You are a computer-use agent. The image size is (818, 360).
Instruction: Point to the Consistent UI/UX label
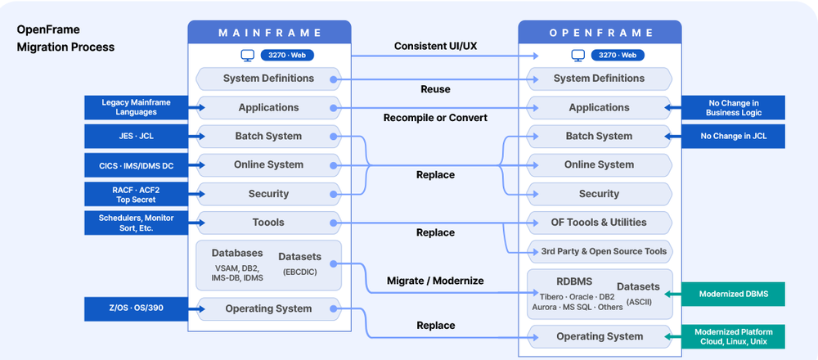pyautogui.click(x=436, y=46)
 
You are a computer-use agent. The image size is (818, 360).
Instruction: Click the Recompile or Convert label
pyautogui.click(x=435, y=118)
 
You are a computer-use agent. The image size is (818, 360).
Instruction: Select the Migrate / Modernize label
pyautogui.click(x=435, y=281)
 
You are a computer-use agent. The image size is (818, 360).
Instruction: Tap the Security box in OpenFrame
pyautogui.click(x=599, y=194)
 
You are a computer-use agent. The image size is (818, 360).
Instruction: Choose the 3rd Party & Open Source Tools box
pyautogui.click(x=599, y=251)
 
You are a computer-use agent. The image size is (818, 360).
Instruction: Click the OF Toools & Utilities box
pyautogui.click(x=599, y=223)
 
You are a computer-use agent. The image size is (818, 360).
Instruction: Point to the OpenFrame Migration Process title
pyautogui.click(x=65, y=38)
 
